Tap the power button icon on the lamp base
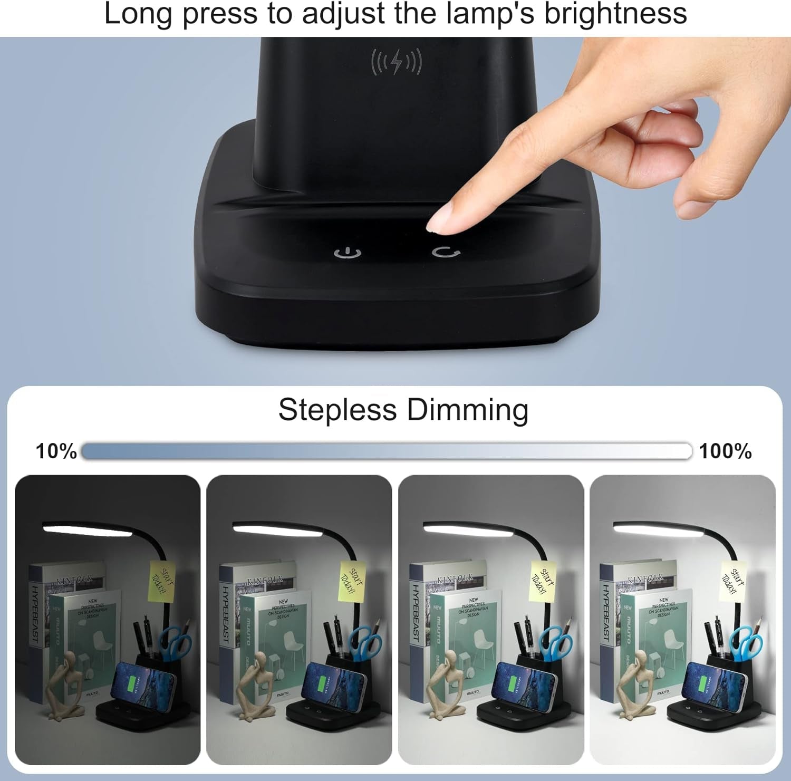[348, 254]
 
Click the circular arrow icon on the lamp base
[446, 252]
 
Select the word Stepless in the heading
[337, 410]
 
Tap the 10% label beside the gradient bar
[56, 451]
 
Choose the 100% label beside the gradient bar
[725, 451]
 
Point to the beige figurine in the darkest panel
[67, 685]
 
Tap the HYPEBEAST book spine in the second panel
[226, 615]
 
